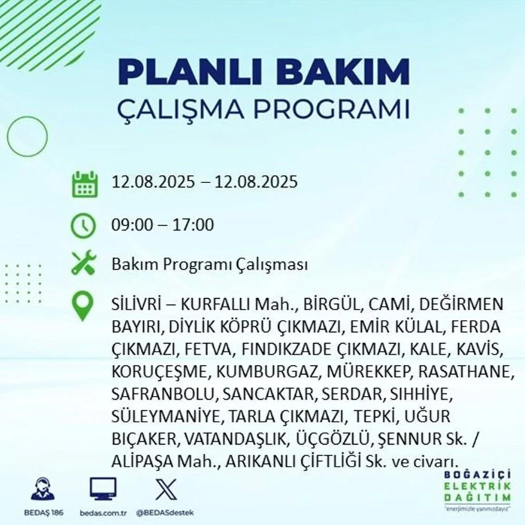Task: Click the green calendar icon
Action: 85,184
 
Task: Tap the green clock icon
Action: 84,225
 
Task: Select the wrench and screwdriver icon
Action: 84,263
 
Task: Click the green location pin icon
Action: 82,306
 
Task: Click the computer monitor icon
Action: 103,489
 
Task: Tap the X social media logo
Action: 166,489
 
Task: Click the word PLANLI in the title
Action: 190,73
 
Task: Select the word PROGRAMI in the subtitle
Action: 332,109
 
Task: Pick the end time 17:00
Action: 193,225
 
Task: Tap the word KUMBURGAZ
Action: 267,371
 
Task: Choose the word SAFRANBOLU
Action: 162,394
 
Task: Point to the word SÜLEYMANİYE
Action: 165,416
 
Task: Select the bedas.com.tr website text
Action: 103,513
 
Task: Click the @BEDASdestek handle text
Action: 165,513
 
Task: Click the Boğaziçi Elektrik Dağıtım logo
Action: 477,490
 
